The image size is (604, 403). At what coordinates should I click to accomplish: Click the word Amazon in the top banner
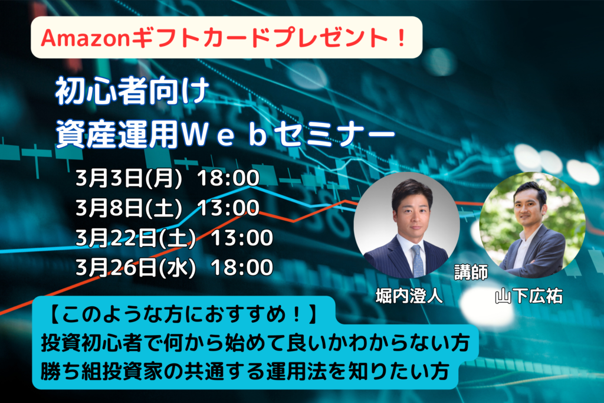(86, 38)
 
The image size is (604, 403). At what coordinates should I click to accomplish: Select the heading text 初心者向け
(132, 91)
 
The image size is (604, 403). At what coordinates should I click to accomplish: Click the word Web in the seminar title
(224, 136)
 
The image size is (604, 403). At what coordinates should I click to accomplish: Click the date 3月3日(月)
(129, 178)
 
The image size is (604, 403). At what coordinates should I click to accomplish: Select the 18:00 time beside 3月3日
(228, 178)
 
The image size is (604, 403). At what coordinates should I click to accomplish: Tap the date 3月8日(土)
(129, 208)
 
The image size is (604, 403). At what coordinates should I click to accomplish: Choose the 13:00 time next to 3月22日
(242, 238)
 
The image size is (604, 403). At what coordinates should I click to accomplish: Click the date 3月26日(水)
(136, 268)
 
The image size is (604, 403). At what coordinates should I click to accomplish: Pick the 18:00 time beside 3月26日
(242, 268)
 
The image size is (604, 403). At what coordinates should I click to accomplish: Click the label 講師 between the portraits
(471, 272)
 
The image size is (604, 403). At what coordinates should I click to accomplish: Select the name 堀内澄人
(409, 296)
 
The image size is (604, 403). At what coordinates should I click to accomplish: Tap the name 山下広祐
(528, 296)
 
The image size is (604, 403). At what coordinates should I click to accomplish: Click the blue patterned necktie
(417, 260)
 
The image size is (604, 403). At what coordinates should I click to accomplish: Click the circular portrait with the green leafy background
(533, 225)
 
